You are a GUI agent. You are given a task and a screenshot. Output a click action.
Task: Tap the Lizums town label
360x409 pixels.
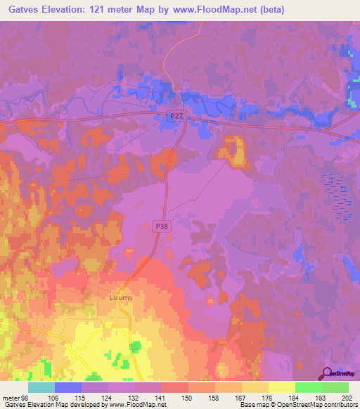[121, 297]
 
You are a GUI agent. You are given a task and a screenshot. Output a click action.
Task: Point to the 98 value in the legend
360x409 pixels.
[26, 398]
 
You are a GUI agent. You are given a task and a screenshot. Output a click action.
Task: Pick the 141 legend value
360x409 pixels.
[162, 398]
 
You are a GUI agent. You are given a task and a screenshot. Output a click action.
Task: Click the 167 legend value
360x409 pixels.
[242, 398]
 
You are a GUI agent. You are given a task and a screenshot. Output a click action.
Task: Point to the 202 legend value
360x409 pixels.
[345, 398]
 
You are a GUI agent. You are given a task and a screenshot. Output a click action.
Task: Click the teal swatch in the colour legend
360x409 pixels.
[41, 387]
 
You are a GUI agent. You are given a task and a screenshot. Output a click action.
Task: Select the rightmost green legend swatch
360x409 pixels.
[335, 387]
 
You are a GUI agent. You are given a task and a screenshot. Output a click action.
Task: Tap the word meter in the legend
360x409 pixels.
[11, 398]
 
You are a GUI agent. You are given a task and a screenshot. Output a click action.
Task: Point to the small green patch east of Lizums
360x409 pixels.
[134, 346]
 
